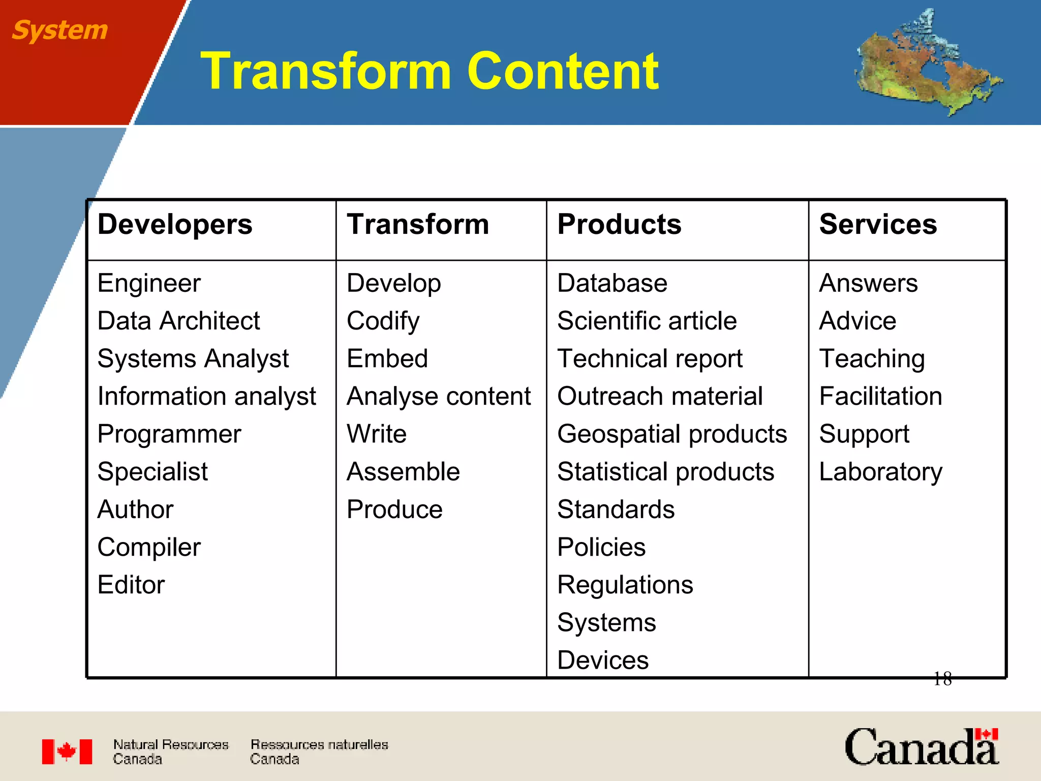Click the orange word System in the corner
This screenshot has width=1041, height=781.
pos(59,31)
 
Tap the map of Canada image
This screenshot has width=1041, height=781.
pos(928,64)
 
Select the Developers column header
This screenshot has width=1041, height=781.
pos(174,224)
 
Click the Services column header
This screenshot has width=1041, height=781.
pos(878,224)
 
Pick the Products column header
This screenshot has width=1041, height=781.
pos(619,224)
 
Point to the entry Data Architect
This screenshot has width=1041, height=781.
pos(178,321)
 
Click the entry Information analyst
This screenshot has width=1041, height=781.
pos(206,396)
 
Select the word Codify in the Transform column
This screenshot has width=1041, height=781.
pos(383,321)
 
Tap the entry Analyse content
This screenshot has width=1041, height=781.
pos(438,396)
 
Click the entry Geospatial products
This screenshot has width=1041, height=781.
pos(671,434)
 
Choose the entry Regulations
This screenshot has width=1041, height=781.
pos(625,585)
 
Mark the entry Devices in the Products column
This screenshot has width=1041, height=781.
pos(602,660)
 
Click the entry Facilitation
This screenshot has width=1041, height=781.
pos(880,396)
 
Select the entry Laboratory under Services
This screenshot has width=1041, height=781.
pos(880,472)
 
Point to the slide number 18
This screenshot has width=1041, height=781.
pos(942,679)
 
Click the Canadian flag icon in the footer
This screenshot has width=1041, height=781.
pos(67,752)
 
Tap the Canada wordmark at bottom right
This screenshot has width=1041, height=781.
pos(921,747)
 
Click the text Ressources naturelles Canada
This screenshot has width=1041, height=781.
pos(319,752)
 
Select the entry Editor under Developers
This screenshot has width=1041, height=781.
pos(131,585)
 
